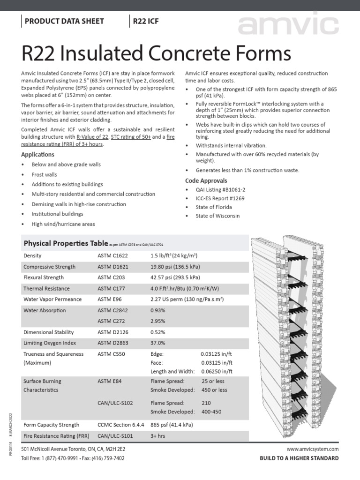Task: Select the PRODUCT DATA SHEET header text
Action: [x=64, y=21]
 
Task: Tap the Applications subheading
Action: [x=38, y=155]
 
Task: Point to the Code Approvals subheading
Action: [x=206, y=180]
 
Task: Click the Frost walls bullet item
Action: [x=44, y=174]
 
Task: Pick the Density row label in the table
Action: [x=32, y=255]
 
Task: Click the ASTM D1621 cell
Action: [x=112, y=267]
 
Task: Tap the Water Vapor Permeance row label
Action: [x=52, y=299]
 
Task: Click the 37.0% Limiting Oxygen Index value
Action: [x=158, y=343]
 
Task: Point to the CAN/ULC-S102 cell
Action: [x=115, y=403]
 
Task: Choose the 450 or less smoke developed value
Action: [x=214, y=390]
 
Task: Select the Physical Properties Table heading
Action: [x=66, y=243]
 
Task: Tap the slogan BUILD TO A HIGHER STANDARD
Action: [x=299, y=458]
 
